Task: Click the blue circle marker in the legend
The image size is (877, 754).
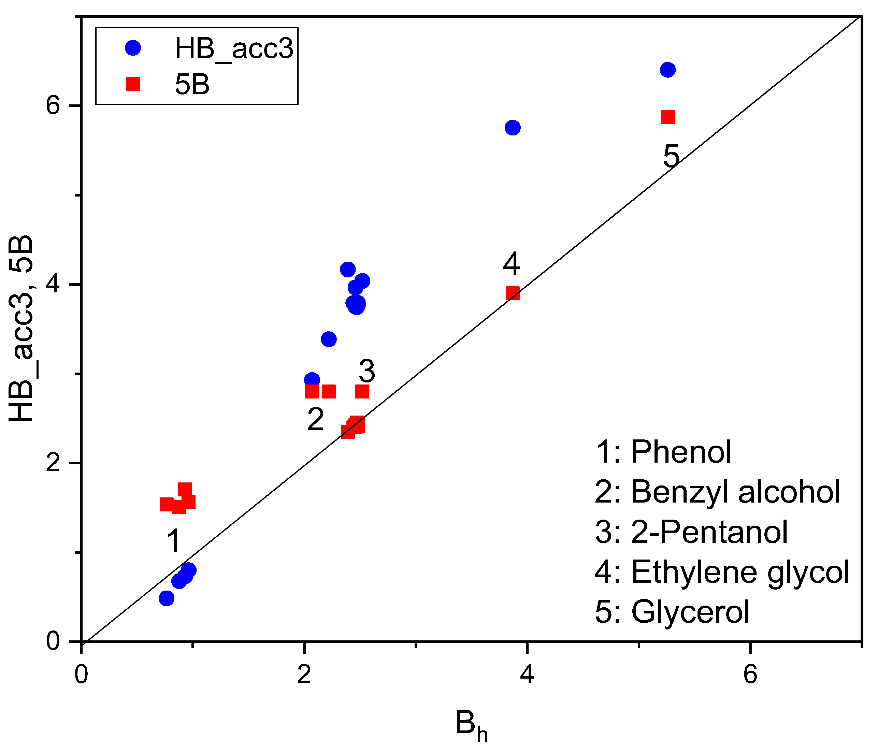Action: tap(133, 48)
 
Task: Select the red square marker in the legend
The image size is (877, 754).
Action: tap(133, 84)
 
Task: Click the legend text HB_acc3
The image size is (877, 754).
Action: tap(234, 48)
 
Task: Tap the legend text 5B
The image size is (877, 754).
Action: tap(192, 85)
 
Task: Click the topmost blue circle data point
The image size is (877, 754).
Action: tap(667, 70)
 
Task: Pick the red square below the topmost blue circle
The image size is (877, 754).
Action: tap(667, 117)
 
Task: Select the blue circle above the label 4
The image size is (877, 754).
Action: tap(513, 128)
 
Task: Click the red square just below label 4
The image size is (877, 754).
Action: tap(513, 293)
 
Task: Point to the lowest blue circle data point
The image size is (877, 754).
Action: tap(167, 598)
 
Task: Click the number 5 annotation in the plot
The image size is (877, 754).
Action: tap(671, 157)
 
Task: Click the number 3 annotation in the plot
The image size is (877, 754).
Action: tap(366, 371)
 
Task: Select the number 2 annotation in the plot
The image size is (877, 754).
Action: tap(315, 420)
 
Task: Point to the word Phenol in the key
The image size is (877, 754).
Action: tap(681, 452)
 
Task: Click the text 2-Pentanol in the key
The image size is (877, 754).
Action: tap(709, 532)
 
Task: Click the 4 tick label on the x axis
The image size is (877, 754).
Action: tap(527, 675)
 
